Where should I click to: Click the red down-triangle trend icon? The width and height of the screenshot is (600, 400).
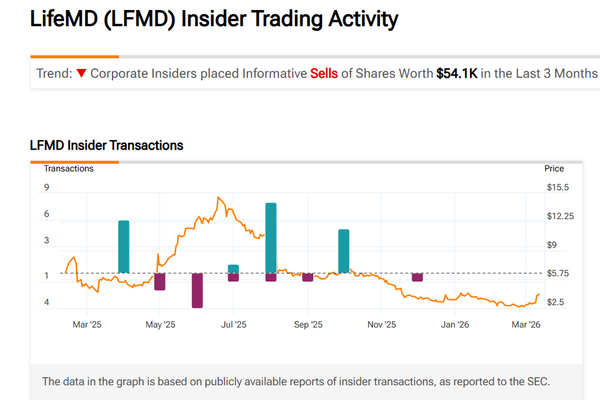pyautogui.click(x=81, y=74)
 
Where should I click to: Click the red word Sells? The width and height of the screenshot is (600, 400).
pyautogui.click(x=324, y=74)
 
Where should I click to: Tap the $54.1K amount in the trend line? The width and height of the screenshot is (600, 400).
pyautogui.click(x=456, y=74)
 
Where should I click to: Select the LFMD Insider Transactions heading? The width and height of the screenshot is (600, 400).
pyautogui.click(x=107, y=146)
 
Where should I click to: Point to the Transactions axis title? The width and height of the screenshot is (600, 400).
pyautogui.click(x=68, y=168)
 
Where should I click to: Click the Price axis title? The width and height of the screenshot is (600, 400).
pyautogui.click(x=554, y=168)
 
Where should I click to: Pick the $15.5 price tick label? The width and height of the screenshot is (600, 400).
pyautogui.click(x=557, y=187)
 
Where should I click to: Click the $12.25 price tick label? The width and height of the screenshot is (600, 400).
pyautogui.click(x=560, y=216)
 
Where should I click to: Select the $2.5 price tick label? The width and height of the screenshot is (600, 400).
pyautogui.click(x=556, y=302)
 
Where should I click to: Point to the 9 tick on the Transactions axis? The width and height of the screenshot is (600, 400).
pyautogui.click(x=47, y=187)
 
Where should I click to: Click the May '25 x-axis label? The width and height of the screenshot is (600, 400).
pyautogui.click(x=160, y=325)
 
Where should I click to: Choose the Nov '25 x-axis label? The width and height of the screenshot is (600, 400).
pyautogui.click(x=382, y=325)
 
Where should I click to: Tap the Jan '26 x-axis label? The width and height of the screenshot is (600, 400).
pyautogui.click(x=455, y=325)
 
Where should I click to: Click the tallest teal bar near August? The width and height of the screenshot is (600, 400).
pyautogui.click(x=271, y=237)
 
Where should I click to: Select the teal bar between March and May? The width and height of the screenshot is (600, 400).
pyautogui.click(x=124, y=246)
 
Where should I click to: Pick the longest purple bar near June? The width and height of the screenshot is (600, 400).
pyautogui.click(x=197, y=290)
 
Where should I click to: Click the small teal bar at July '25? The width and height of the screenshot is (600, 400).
pyautogui.click(x=233, y=269)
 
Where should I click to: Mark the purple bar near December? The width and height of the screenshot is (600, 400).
pyautogui.click(x=417, y=277)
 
